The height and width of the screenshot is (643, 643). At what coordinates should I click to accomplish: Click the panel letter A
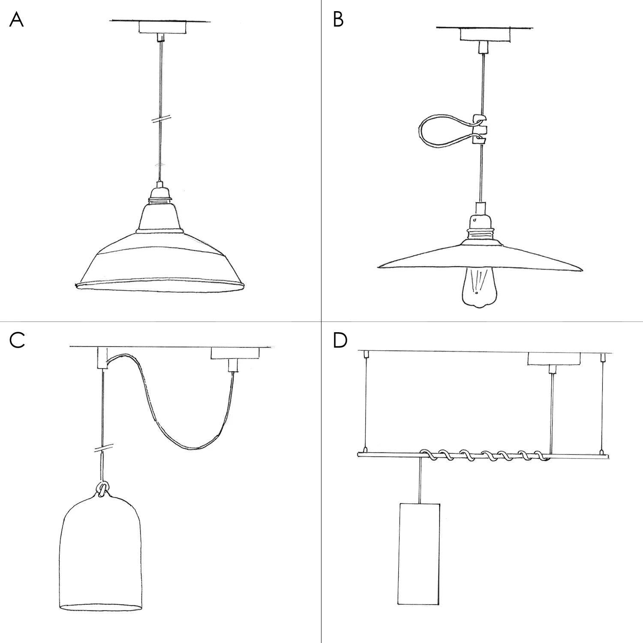(x=16, y=20)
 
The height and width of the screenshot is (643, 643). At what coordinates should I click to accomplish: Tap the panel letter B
(x=338, y=20)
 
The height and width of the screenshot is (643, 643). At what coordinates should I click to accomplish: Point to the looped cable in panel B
(x=442, y=131)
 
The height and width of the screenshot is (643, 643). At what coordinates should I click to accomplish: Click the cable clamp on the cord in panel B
(x=479, y=129)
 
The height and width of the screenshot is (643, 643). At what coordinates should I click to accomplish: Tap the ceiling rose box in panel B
(x=485, y=34)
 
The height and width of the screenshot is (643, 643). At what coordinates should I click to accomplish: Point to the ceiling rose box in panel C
(x=235, y=353)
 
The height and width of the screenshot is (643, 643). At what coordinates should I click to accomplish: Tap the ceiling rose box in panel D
(x=553, y=358)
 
